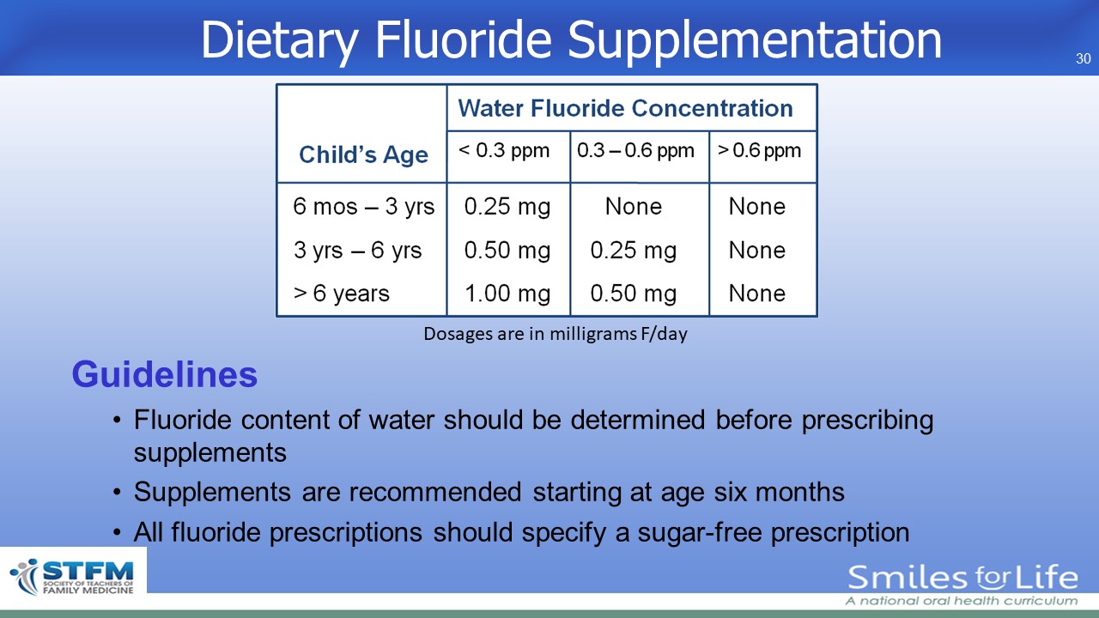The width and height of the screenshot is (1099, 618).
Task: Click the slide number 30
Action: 1083,59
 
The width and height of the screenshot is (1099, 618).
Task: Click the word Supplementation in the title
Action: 755,41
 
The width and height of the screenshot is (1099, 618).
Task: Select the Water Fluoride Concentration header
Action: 625,108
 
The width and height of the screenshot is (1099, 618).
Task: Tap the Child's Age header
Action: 363,154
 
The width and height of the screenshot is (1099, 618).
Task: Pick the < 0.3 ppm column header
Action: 504,150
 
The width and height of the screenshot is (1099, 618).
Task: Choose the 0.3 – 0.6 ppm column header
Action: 635,150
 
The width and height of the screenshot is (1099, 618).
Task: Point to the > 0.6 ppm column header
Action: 759,150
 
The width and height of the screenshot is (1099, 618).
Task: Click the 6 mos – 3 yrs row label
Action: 363,207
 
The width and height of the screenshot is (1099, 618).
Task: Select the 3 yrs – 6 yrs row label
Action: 358,251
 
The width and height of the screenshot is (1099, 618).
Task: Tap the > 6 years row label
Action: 342,294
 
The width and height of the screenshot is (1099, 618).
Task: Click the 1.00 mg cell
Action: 507,294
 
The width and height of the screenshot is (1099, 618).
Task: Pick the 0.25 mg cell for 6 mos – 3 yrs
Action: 507,207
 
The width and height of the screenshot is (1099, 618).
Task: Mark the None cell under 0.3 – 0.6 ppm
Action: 634,207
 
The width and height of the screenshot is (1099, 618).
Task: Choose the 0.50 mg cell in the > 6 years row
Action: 634,294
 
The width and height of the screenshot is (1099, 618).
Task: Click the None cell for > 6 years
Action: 757,294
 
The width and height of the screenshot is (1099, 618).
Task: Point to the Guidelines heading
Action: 164,375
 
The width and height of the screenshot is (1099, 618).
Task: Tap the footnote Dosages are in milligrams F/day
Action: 556,334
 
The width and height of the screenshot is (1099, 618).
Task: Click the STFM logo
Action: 73,577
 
